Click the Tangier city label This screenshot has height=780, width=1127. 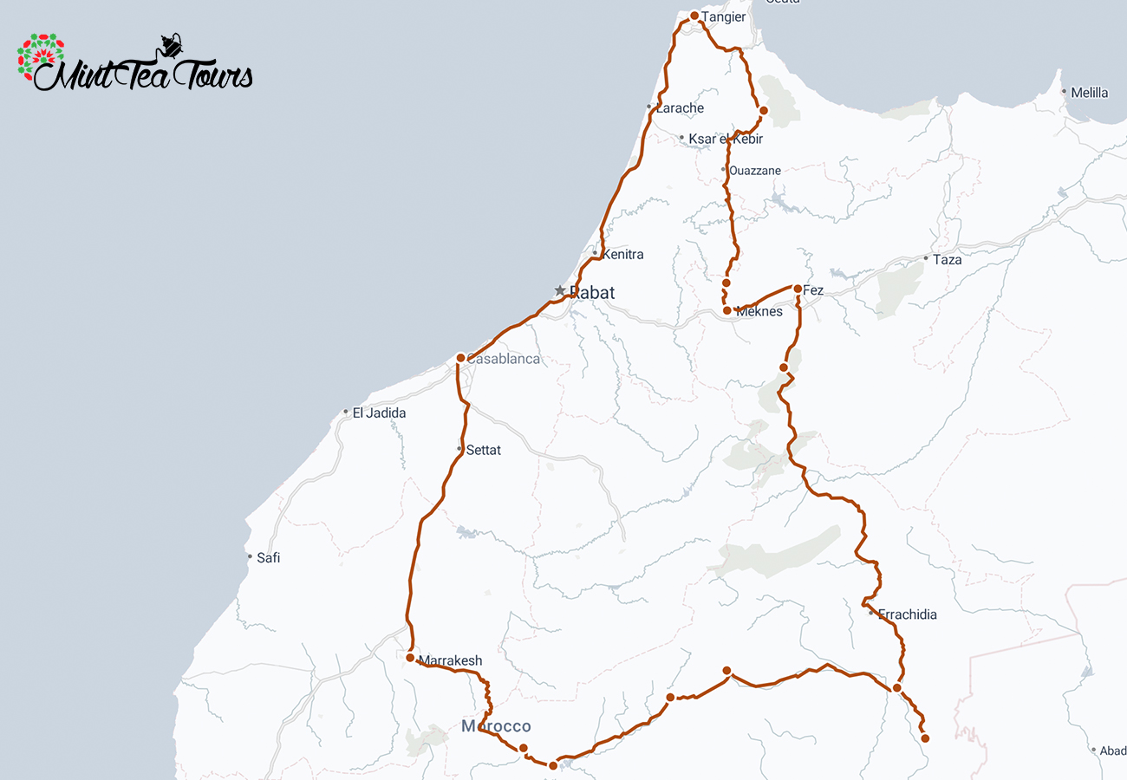[725, 17]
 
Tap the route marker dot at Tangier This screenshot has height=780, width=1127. [694, 16]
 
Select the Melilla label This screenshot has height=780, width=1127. [1089, 93]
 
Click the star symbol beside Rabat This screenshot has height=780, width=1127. [560, 290]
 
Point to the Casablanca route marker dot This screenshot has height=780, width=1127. [461, 357]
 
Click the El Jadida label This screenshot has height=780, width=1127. [379, 413]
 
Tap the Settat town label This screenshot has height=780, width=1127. [483, 451]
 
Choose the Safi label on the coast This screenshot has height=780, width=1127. [268, 558]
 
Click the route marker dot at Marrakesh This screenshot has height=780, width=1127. [410, 658]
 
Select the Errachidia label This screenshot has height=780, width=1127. [907, 614]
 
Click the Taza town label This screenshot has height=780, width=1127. [947, 259]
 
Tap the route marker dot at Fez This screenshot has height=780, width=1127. [798, 289]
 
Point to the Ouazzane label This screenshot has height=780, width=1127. [754, 171]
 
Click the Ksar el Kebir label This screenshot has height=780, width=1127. [726, 139]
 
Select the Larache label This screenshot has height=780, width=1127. [680, 108]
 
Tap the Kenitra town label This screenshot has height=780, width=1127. [622, 255]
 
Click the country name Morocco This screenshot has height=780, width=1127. [496, 726]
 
